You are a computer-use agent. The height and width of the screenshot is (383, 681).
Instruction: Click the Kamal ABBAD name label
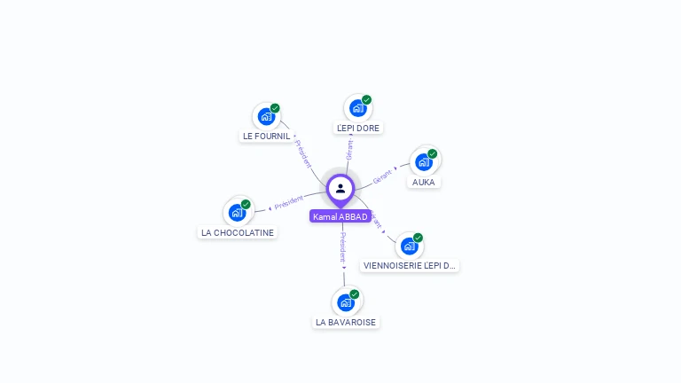(340, 217)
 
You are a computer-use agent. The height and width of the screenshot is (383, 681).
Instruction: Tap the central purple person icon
(340, 189)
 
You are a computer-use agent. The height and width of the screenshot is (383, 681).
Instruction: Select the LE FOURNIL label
(266, 137)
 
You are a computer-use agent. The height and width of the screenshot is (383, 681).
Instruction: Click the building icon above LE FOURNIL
(266, 116)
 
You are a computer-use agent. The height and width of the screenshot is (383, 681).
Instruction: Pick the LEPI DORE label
(358, 129)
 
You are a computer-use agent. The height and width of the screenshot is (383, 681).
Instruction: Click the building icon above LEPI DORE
(357, 108)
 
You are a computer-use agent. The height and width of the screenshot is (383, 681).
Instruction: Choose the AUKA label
(424, 183)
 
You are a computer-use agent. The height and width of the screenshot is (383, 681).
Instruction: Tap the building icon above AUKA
(424, 162)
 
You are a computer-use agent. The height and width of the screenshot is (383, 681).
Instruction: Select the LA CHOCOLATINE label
(238, 233)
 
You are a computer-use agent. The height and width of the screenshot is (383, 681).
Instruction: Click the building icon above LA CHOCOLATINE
(237, 213)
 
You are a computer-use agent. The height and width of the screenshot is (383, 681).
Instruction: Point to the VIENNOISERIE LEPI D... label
(410, 266)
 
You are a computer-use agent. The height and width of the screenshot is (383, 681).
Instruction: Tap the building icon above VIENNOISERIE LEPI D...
(409, 246)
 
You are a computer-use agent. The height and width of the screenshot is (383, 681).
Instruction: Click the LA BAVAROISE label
(346, 323)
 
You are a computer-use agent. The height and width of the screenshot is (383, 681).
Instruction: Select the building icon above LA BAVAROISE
(346, 302)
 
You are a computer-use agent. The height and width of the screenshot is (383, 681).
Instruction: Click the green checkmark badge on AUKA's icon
(433, 153)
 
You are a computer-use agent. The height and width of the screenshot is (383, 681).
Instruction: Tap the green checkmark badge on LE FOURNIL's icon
(275, 108)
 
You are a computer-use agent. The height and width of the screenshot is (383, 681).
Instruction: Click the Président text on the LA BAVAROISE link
(343, 247)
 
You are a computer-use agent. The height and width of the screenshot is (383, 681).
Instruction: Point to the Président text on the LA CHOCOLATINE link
(289, 203)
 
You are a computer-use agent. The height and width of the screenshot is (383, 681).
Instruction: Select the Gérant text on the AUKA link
(382, 175)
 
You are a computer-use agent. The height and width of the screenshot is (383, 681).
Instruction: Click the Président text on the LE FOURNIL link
(303, 154)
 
